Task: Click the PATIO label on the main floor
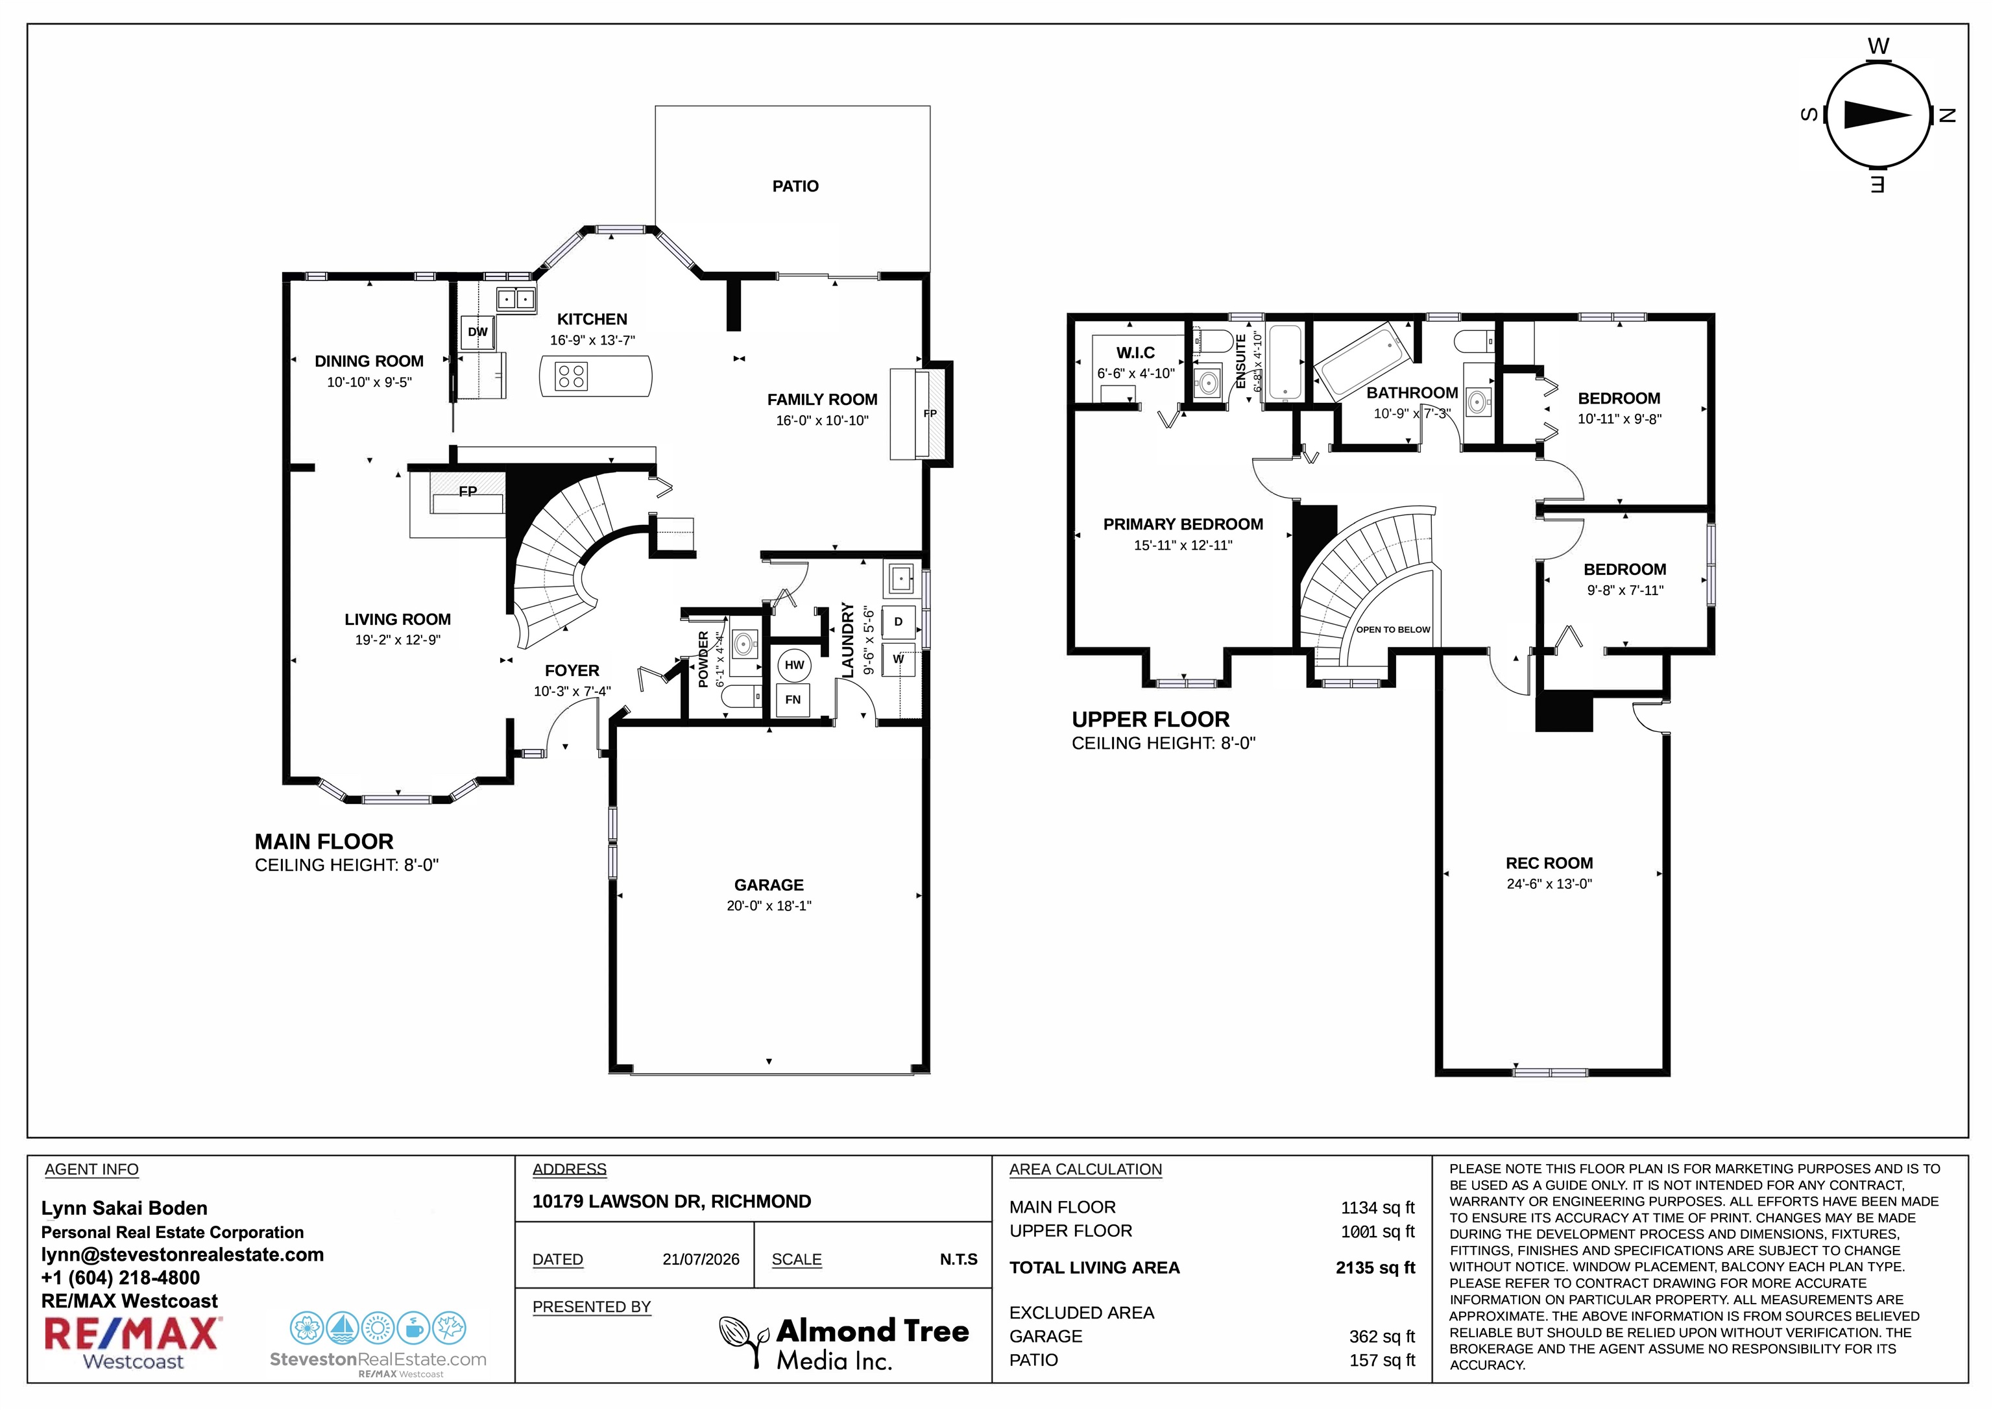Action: click(795, 186)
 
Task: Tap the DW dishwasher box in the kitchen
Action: click(477, 332)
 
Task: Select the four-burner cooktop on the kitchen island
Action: click(572, 376)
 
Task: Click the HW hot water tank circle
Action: click(794, 666)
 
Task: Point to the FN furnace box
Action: click(793, 699)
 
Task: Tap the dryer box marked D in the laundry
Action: click(899, 622)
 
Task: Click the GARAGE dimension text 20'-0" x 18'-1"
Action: click(769, 906)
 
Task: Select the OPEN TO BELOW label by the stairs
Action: click(1393, 629)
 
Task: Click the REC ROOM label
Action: click(1549, 863)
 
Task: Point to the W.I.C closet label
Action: click(1135, 352)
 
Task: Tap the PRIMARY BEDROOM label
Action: click(1183, 524)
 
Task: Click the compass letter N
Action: click(1947, 115)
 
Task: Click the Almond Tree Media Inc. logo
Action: click(844, 1343)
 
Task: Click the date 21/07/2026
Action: click(701, 1259)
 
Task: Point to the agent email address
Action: click(182, 1254)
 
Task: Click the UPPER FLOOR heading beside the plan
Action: click(1150, 720)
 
